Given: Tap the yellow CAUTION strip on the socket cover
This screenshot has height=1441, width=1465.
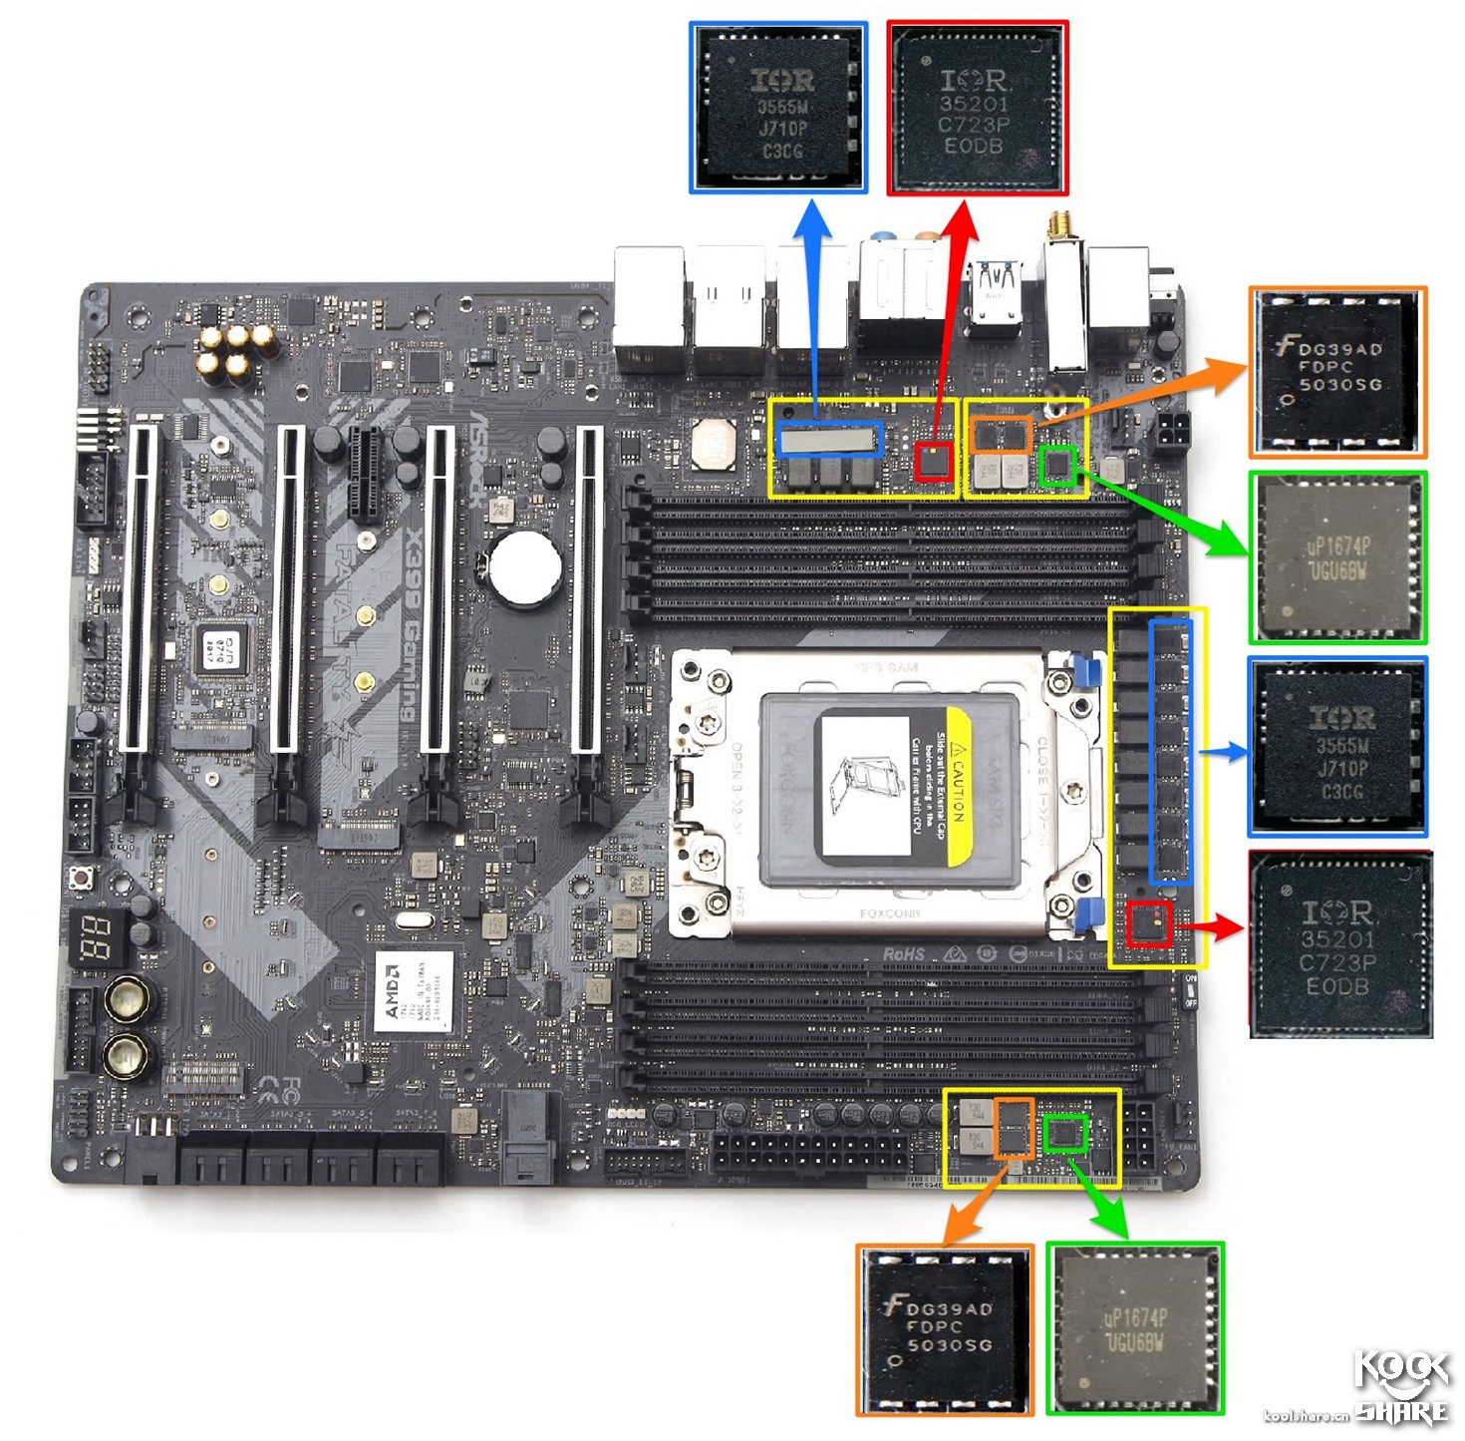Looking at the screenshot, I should [958, 788].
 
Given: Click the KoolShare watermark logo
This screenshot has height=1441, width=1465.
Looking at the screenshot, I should [1401, 1385].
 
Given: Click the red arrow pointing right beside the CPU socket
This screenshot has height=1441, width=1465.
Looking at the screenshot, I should [1210, 927].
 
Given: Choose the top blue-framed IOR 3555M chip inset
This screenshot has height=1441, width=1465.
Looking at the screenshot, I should [778, 107].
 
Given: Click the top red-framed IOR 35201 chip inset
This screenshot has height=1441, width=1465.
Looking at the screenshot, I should [978, 109].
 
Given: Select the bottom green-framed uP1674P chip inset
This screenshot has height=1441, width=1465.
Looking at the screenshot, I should [1135, 1328].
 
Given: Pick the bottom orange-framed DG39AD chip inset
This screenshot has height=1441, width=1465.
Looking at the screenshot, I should [945, 1329].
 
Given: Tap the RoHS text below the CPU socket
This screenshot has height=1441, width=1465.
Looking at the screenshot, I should [903, 954].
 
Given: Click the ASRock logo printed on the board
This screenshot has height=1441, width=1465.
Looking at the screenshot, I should [478, 459].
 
